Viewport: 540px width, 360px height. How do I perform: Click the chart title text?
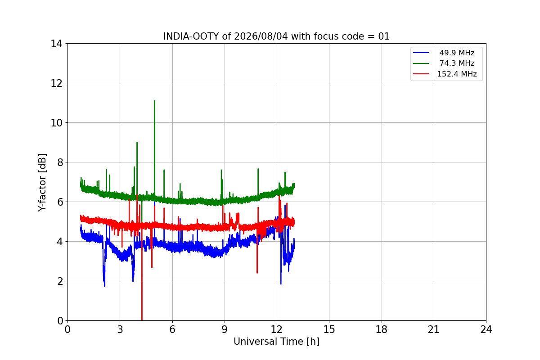(x=276, y=36)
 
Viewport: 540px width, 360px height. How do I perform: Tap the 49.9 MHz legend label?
(x=457, y=53)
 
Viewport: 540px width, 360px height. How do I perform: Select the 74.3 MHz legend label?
(x=457, y=63)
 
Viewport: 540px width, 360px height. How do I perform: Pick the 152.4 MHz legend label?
(x=457, y=74)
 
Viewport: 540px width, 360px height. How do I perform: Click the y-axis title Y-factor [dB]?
(x=42, y=183)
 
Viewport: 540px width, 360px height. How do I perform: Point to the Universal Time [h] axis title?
(x=276, y=342)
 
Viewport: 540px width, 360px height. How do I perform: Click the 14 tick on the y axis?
(x=56, y=44)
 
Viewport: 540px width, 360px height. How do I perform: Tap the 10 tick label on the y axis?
(x=56, y=123)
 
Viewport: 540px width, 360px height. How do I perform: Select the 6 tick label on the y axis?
(x=60, y=202)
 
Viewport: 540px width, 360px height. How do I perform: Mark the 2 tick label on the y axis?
(x=60, y=281)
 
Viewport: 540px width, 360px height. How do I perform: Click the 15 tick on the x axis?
(x=329, y=329)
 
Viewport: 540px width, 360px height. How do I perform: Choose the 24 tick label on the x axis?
(x=486, y=329)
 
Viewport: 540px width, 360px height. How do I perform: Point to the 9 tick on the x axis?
(x=225, y=329)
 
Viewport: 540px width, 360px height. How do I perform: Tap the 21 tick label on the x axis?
(x=434, y=329)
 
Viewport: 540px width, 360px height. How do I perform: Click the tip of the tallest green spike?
(x=154, y=101)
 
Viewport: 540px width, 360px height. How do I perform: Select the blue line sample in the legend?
(x=421, y=53)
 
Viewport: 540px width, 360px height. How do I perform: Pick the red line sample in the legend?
(x=421, y=73)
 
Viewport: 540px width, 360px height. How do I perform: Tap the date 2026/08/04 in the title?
(x=261, y=36)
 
